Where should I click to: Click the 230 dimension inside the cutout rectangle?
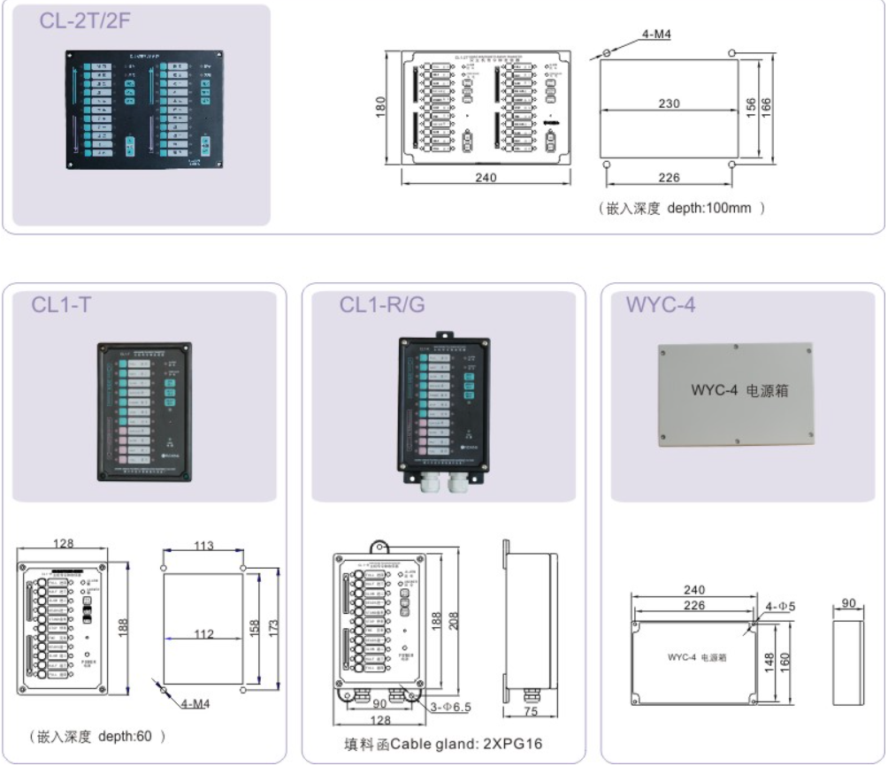coord(669,103)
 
